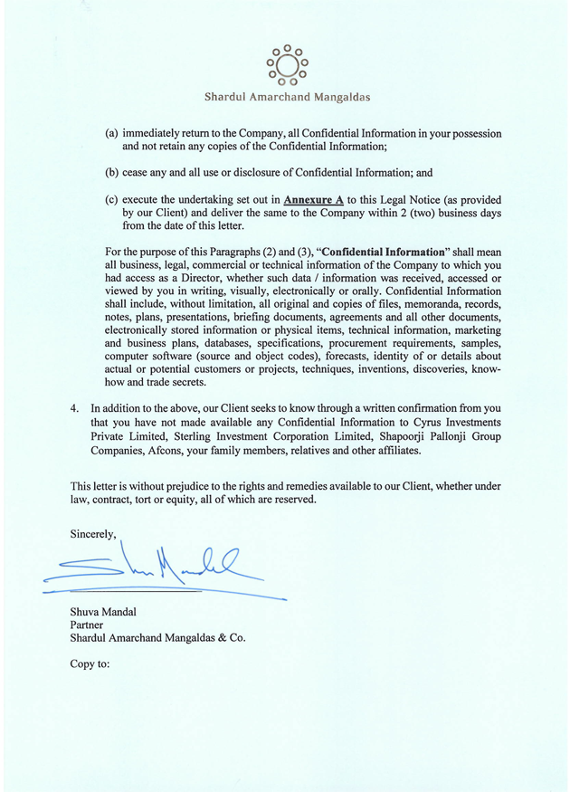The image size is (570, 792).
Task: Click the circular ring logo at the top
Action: [x=286, y=64]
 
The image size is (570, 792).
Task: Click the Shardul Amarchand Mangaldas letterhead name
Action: [x=286, y=97]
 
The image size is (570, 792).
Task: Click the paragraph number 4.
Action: [x=75, y=408]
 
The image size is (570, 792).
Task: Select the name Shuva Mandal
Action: [x=103, y=613]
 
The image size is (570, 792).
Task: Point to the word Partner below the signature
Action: [x=87, y=625]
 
